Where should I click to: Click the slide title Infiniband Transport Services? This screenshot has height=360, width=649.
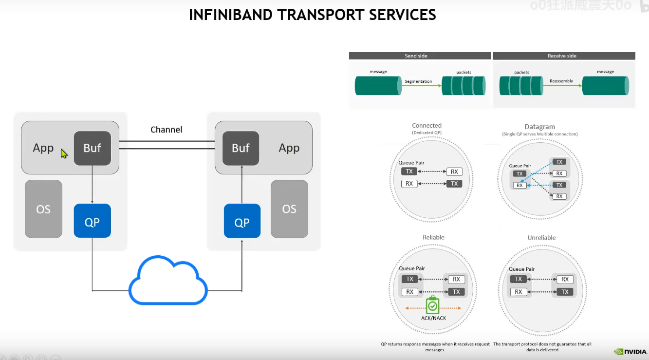coord(312,15)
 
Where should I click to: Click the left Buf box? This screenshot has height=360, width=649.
coord(92,148)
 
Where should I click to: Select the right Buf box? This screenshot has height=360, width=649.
coord(241,148)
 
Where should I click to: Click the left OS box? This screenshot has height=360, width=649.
coord(43,209)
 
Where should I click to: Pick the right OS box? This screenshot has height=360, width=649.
coord(289,209)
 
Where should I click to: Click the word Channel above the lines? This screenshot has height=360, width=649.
coord(167,130)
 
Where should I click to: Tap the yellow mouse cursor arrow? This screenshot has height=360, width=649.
coord(64,153)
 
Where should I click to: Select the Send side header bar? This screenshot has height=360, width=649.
coord(419,56)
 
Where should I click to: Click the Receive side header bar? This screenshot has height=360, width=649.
coord(563,56)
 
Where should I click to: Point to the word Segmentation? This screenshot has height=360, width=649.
coord(418,81)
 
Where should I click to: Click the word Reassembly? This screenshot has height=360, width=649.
coord(561,81)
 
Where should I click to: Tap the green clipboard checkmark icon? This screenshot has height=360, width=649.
coord(432,305)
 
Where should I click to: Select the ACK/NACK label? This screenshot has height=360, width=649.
coord(433,318)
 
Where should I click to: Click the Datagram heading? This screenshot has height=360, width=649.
coord(539,127)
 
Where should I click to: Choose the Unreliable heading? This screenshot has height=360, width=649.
coord(541,238)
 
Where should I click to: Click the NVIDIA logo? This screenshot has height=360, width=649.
coord(630,351)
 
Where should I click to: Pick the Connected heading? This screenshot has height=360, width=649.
coord(426,126)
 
